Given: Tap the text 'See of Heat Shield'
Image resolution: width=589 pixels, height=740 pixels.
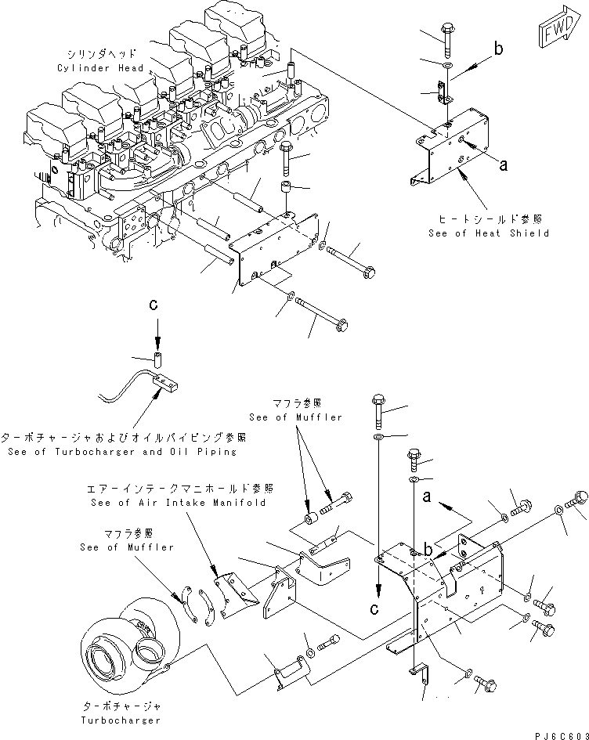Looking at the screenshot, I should tap(489, 233).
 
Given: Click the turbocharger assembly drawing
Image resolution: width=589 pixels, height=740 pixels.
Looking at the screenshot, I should tap(125, 642).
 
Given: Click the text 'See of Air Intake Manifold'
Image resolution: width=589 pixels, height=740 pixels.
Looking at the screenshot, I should tap(178, 502).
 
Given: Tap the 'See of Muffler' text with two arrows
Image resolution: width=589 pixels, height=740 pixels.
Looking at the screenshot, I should tap(296, 417).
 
